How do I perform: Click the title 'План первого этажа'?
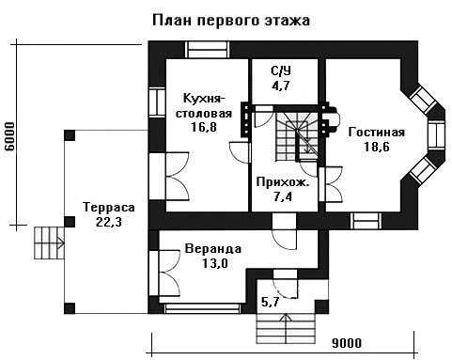tap(231, 21)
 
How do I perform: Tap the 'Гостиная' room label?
tap(377, 132)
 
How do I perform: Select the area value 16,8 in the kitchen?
tap(204, 127)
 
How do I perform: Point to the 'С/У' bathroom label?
tap(281, 71)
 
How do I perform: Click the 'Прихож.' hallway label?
tap(283, 182)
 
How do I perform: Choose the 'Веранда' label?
tap(213, 249)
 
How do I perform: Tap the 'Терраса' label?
tap(109, 207)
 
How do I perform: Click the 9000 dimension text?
tap(347, 343)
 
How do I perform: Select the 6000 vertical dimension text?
tap(9, 136)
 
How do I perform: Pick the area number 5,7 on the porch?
tap(271, 302)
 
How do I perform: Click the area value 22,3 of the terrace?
tap(109, 222)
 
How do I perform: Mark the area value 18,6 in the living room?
tap(377, 147)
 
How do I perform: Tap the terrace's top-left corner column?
tap(70, 135)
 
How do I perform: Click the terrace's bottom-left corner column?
tap(70, 308)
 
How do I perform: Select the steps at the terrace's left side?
tap(49, 243)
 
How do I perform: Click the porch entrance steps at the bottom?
tap(286, 328)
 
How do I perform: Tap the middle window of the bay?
tap(437, 134)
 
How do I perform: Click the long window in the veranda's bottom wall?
tap(203, 308)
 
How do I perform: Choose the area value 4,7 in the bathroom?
tap(281, 86)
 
